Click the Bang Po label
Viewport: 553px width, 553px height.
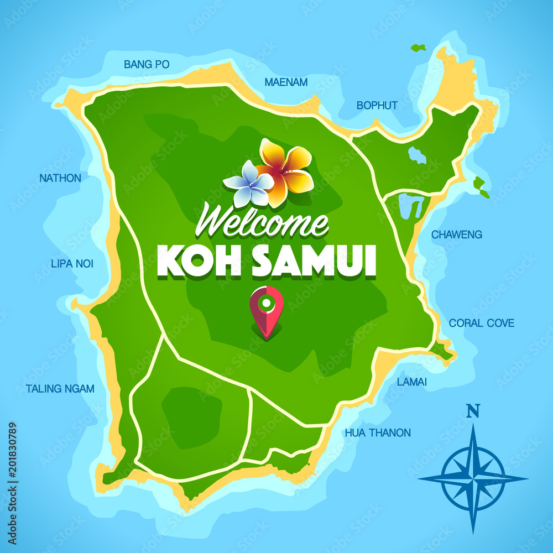pos(147,65)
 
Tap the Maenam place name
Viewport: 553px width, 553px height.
pos(286,82)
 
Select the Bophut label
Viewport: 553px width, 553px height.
pos(377,105)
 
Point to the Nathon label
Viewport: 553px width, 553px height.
pos(60,178)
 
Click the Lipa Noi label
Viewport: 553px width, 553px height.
pos(72,264)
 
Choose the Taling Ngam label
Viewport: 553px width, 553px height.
pos(60,389)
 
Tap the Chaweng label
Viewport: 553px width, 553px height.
pos(456,234)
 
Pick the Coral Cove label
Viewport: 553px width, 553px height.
pos(481,323)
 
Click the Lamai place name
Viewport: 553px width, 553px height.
pos(411,382)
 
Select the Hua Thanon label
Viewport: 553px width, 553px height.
pos(378,432)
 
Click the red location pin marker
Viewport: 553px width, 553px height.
pos(266,310)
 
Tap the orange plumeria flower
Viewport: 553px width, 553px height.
pos(284,169)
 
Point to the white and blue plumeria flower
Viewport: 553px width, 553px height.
pos(249,184)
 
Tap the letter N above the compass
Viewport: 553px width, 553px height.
pos(472,410)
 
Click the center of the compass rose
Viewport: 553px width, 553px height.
pos(473,477)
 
